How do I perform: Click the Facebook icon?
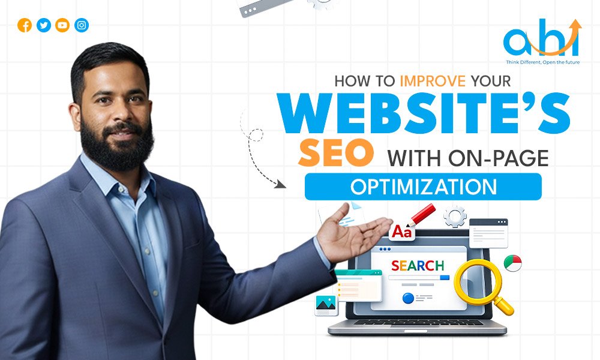coord(25,25)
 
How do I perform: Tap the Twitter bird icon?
coord(43,25)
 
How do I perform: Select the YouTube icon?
coord(62,25)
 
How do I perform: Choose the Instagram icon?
coord(82,25)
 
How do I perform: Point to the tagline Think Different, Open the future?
coord(541,62)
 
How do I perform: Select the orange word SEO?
coord(334,155)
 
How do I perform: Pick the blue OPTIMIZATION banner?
coord(423,186)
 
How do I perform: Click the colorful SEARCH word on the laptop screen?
coord(418,265)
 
